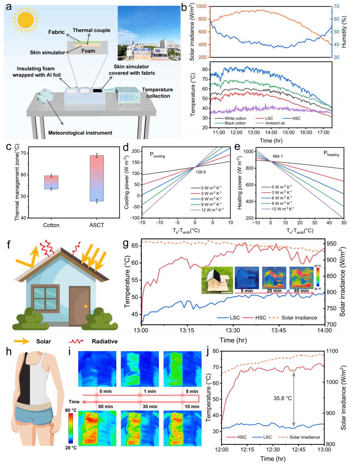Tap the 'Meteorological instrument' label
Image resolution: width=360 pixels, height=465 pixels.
pos(80,133)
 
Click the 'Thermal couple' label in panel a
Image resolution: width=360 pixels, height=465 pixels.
pos(91,30)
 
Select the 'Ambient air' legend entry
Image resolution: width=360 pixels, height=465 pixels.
pos(272,123)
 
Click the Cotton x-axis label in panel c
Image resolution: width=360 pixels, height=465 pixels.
pos(51,225)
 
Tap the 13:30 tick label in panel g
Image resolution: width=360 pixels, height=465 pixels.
pos(233,330)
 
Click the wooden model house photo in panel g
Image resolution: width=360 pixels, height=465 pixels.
pos(217,280)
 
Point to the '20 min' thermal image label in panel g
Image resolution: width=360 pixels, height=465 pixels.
pos(274,291)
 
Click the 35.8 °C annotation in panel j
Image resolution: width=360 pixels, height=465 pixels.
pos(282,398)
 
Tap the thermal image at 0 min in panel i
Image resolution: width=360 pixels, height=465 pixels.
pos(97,368)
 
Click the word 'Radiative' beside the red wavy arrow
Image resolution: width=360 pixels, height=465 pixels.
pos(104,342)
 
